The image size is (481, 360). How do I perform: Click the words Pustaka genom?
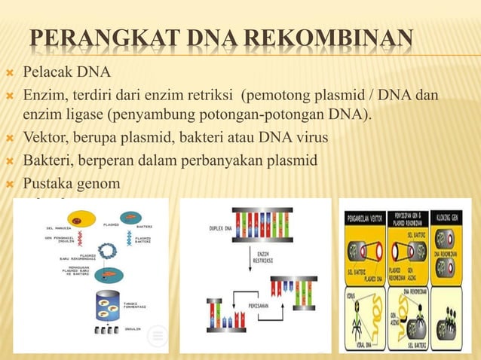71,183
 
